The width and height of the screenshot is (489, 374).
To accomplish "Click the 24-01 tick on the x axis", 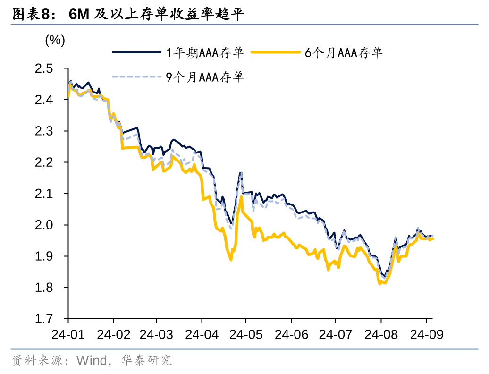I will (68, 334).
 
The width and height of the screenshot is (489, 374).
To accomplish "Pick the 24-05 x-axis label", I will (245, 334).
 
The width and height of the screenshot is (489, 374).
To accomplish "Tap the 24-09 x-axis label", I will (426, 334).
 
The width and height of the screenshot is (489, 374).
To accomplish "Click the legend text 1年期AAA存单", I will (205, 52).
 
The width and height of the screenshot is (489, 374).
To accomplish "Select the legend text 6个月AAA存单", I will (344, 52).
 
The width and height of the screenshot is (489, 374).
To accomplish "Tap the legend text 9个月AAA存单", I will (205, 77).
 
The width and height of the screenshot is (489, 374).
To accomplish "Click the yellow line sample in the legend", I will (275, 52).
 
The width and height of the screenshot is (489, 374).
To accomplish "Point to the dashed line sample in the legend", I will (136, 77).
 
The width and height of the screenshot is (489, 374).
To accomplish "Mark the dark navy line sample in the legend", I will (136, 52).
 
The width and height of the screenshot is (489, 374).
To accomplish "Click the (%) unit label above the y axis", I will (55, 40).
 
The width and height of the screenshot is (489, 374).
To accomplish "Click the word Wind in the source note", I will (92, 361).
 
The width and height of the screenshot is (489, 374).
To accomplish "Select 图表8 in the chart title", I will (30, 14).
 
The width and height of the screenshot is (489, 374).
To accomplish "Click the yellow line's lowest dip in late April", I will (231, 260).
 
